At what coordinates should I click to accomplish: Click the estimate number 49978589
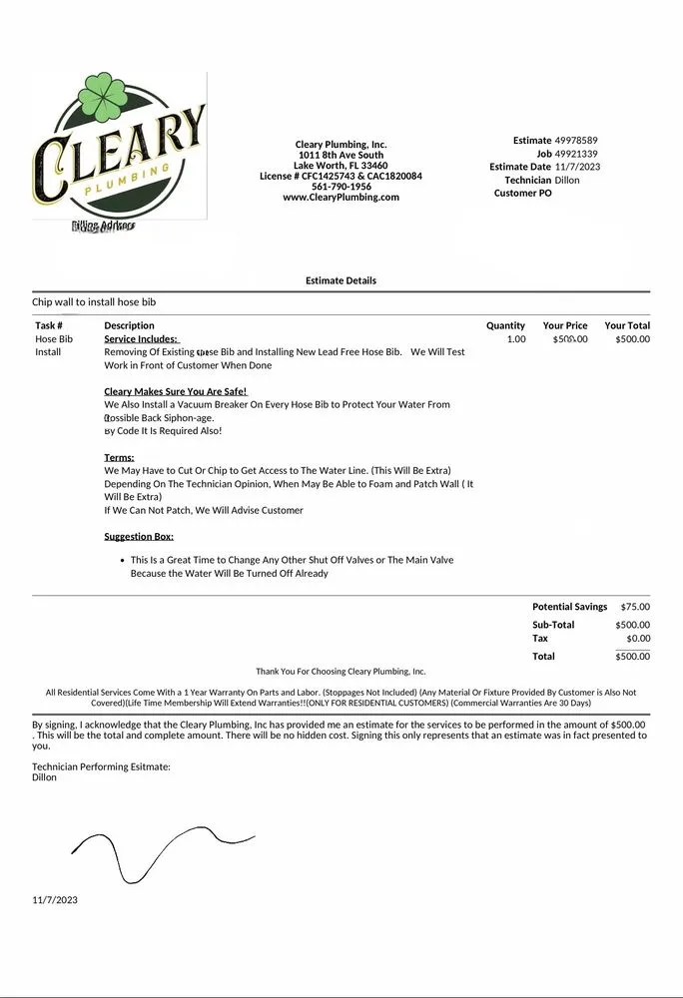576,141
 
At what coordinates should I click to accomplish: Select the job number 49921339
576,154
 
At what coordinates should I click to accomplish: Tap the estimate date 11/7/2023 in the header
577,167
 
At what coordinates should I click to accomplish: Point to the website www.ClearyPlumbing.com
341,198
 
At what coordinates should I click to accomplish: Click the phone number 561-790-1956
341,187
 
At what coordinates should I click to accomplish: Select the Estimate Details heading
341,281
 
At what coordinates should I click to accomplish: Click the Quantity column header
505,325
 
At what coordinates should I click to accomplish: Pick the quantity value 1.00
515,339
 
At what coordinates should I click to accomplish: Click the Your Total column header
627,325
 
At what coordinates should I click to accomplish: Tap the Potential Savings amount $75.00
635,607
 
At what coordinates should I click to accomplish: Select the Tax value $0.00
637,638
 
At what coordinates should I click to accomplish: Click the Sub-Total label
553,625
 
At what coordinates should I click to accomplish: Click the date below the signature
55,900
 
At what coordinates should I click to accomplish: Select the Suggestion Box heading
139,537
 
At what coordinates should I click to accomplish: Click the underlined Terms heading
119,458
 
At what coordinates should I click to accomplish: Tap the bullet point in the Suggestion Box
121,561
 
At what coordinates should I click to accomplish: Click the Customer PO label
522,194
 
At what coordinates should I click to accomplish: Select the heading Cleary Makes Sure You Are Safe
175,392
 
